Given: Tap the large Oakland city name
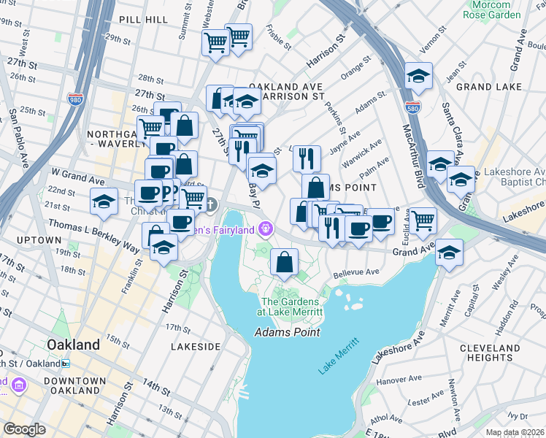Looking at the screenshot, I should [x=73, y=345].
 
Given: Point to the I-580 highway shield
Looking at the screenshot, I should [x=413, y=107].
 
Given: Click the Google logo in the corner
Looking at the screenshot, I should [x=24, y=429].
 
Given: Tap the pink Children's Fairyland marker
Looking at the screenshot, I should [x=266, y=229].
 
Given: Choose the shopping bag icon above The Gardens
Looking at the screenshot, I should [x=284, y=262].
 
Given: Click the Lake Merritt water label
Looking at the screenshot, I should [x=338, y=356].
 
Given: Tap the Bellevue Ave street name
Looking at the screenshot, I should [x=356, y=273].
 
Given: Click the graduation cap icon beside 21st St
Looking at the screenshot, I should [x=104, y=201].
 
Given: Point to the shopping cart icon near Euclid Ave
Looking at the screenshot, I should [x=423, y=220].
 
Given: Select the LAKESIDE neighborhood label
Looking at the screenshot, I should [x=195, y=347].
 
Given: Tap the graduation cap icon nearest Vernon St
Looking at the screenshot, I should [x=418, y=75].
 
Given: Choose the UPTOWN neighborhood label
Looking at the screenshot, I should [x=36, y=240].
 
